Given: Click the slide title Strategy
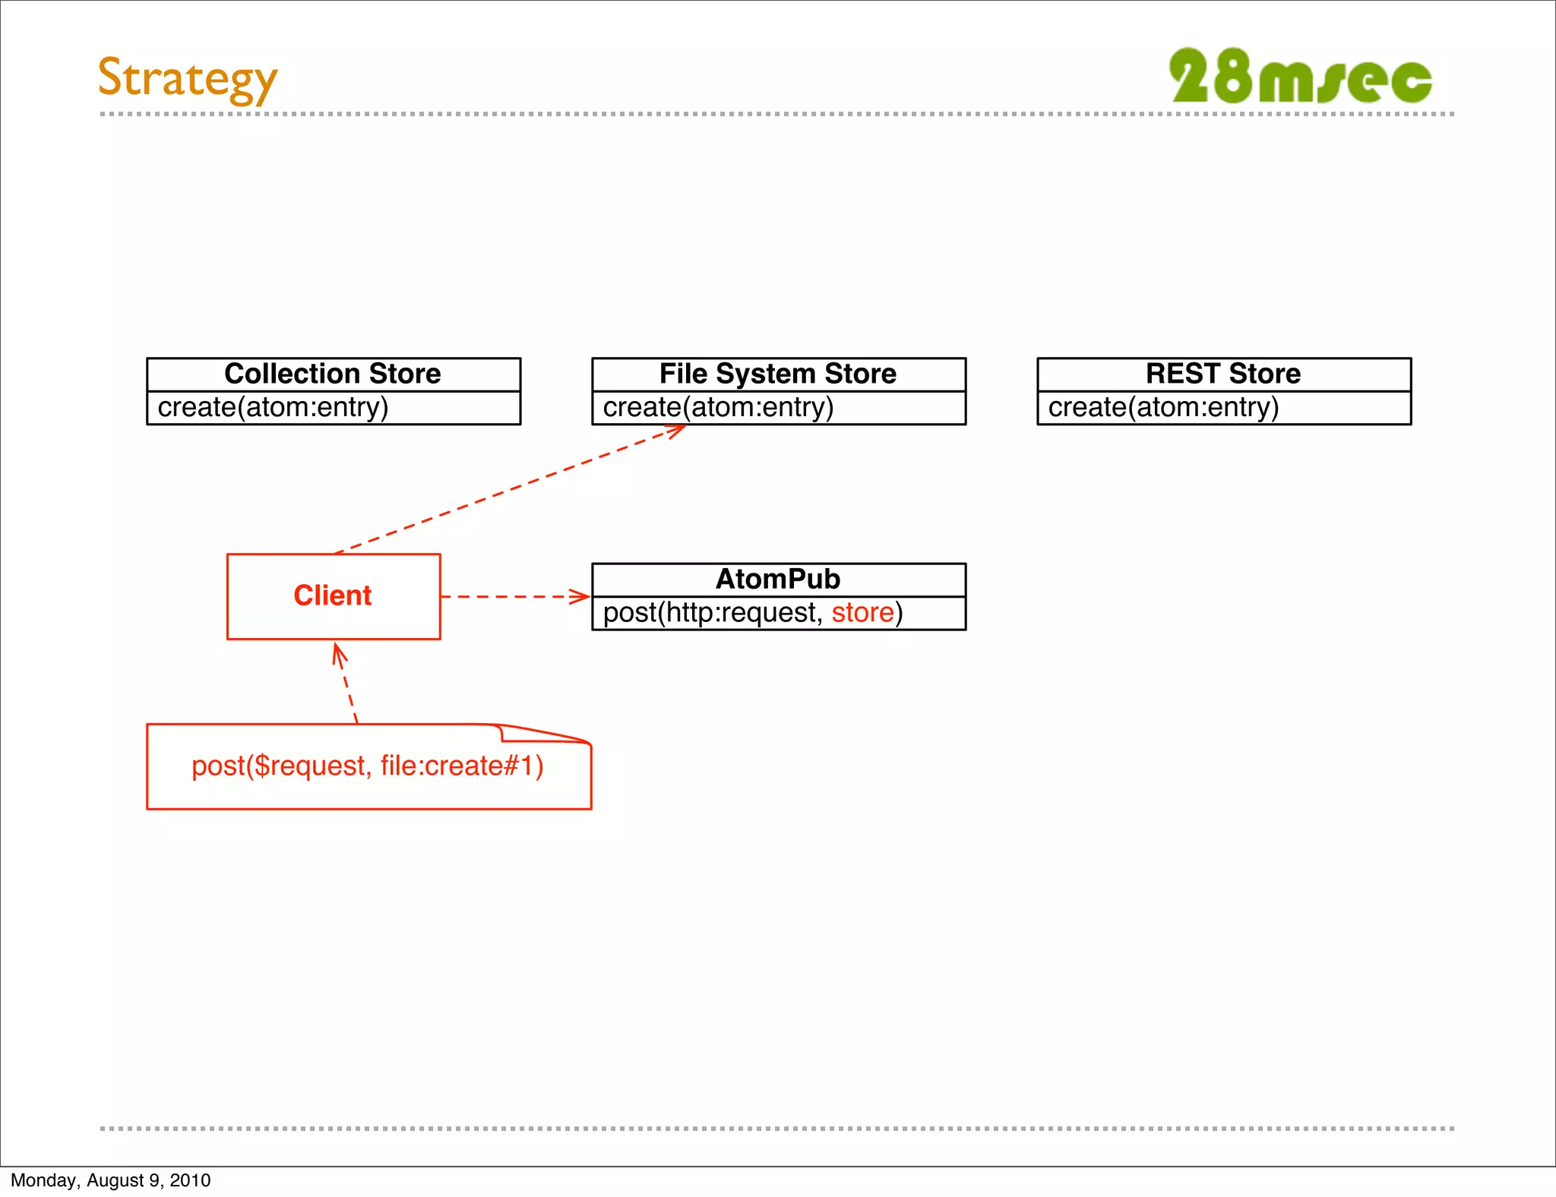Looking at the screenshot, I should (188, 78).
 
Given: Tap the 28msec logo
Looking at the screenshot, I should (1300, 77).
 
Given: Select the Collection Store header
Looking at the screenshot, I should (333, 374).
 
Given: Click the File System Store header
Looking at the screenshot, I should (778, 374).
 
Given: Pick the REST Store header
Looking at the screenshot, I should (1223, 374).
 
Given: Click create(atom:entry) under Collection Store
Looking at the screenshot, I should (273, 408).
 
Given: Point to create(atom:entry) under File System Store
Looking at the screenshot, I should (718, 408).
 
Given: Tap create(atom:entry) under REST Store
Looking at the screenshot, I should (1163, 408).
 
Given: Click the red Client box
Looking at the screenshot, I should (333, 596).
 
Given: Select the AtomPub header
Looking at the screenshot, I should (778, 580).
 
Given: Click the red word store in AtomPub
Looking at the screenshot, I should (862, 613).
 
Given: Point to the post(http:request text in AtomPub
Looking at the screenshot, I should (713, 613).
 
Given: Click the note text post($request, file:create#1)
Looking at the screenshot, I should (368, 766).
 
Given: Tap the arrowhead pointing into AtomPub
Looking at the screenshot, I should (581, 596).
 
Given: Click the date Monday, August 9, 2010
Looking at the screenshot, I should (111, 1180).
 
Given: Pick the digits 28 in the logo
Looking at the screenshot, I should (1210, 76).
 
